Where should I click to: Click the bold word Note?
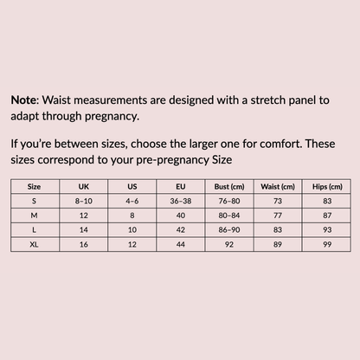pos(24,100)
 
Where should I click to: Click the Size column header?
pos(35,186)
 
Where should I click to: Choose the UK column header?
pos(83,186)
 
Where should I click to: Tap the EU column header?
pos(181,186)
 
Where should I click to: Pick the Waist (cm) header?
pos(279,186)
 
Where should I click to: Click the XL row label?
pos(35,245)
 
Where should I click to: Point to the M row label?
pos(35,215)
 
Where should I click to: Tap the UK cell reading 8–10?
pos(83,201)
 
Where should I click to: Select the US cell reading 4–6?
pos(132,201)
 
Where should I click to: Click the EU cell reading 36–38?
pos(181,201)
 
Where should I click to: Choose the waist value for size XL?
pos(279,245)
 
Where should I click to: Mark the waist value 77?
pos(279,215)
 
